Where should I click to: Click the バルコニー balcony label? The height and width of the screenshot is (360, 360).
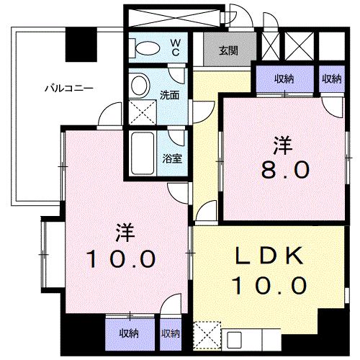[69, 89]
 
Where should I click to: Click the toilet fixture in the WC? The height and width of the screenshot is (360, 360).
[147, 48]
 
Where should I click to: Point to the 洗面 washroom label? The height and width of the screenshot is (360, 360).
[169, 94]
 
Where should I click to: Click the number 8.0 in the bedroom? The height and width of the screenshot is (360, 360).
[285, 170]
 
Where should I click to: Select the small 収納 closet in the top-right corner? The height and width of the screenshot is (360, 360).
[332, 78]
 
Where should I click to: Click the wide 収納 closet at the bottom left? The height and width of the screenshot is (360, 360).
[130, 333]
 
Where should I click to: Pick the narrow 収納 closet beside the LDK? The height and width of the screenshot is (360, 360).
[171, 333]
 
